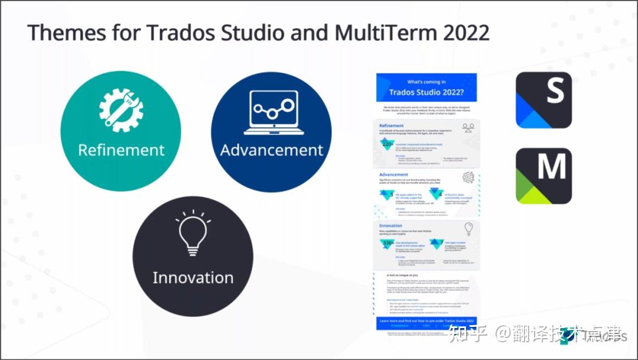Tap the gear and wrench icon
coord(121,110)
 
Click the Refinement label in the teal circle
coord(121,150)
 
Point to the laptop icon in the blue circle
coord(272,112)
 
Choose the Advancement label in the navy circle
coord(272,150)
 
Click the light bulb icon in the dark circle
coord(193,233)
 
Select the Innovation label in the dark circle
coord(193,277)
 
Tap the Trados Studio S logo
coord(543,100)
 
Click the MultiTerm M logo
coord(543,176)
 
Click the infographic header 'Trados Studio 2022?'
coord(426,92)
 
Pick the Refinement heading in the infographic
coord(392,126)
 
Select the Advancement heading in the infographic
coord(393,175)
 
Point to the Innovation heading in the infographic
coord(390,226)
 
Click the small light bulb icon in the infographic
coord(468,228)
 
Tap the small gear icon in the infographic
coord(468,177)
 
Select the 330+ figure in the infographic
coord(388,242)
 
